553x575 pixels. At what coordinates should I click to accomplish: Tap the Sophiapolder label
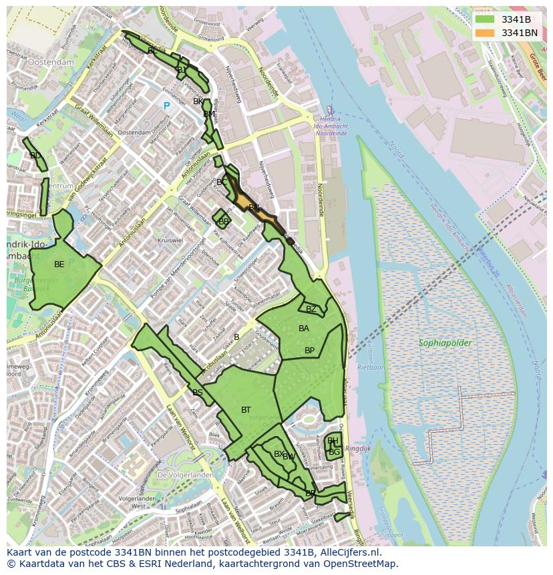pos(445,343)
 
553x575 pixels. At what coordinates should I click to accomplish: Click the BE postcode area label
pos(59,264)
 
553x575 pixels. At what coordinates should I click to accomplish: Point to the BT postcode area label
pos(246,410)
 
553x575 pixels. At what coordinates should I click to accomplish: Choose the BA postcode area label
pos(304,329)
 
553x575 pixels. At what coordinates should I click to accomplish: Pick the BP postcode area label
pos(309,351)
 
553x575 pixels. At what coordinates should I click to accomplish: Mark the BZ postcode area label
pos(311,309)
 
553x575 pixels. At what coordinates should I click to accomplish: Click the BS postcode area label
pos(198,393)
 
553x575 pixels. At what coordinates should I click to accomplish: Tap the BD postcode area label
pos(35,156)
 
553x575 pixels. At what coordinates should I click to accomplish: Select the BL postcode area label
pos(152,51)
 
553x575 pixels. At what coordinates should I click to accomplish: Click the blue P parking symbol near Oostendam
pos(166,106)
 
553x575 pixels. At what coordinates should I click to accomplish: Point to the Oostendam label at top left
pos(51,61)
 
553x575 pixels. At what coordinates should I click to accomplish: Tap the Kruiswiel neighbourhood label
pos(170,240)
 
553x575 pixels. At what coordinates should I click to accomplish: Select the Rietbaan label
pos(371,367)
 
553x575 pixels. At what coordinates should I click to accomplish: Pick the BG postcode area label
pos(335,452)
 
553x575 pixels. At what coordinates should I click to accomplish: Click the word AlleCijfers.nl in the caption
pos(348,552)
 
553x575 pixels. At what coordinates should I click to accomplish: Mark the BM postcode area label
pos(209,114)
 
